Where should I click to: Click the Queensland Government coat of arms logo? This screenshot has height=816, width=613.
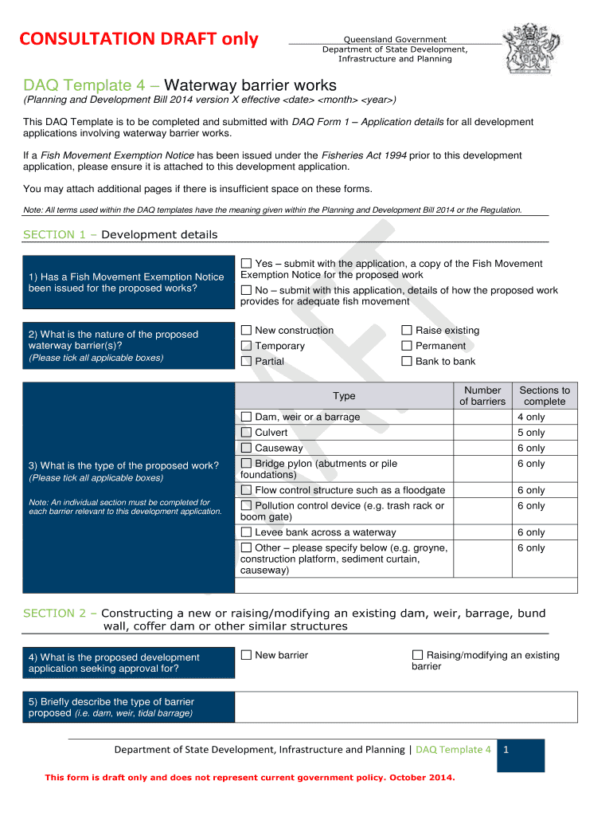click(x=530, y=49)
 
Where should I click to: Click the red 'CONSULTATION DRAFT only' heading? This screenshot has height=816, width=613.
click(x=140, y=39)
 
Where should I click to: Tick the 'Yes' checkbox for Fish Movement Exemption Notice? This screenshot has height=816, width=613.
click(x=246, y=264)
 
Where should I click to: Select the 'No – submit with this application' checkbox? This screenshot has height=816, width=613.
click(x=246, y=291)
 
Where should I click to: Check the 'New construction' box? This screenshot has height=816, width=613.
click(x=246, y=331)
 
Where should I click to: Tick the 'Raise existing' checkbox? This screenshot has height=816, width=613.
click(x=407, y=331)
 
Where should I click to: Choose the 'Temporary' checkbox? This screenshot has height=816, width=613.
click(x=246, y=346)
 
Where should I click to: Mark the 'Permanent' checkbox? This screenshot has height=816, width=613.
click(x=407, y=346)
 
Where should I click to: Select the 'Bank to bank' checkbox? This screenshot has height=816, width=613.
click(x=407, y=361)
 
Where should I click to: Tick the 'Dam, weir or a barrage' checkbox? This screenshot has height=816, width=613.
click(x=246, y=417)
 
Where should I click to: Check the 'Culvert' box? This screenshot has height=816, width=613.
click(x=246, y=433)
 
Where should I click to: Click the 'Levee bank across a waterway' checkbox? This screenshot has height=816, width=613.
click(x=246, y=532)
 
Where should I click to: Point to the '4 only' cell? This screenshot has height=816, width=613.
click(x=531, y=417)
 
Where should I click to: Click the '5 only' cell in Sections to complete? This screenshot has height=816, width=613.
click(x=531, y=433)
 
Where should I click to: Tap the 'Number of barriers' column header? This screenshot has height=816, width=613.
click(x=482, y=395)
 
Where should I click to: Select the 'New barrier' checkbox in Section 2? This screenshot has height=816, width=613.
click(x=246, y=655)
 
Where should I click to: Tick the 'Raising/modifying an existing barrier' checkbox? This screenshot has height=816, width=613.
click(x=417, y=655)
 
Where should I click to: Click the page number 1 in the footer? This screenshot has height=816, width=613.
click(x=506, y=750)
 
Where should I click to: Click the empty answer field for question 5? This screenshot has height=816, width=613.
click(x=405, y=707)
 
